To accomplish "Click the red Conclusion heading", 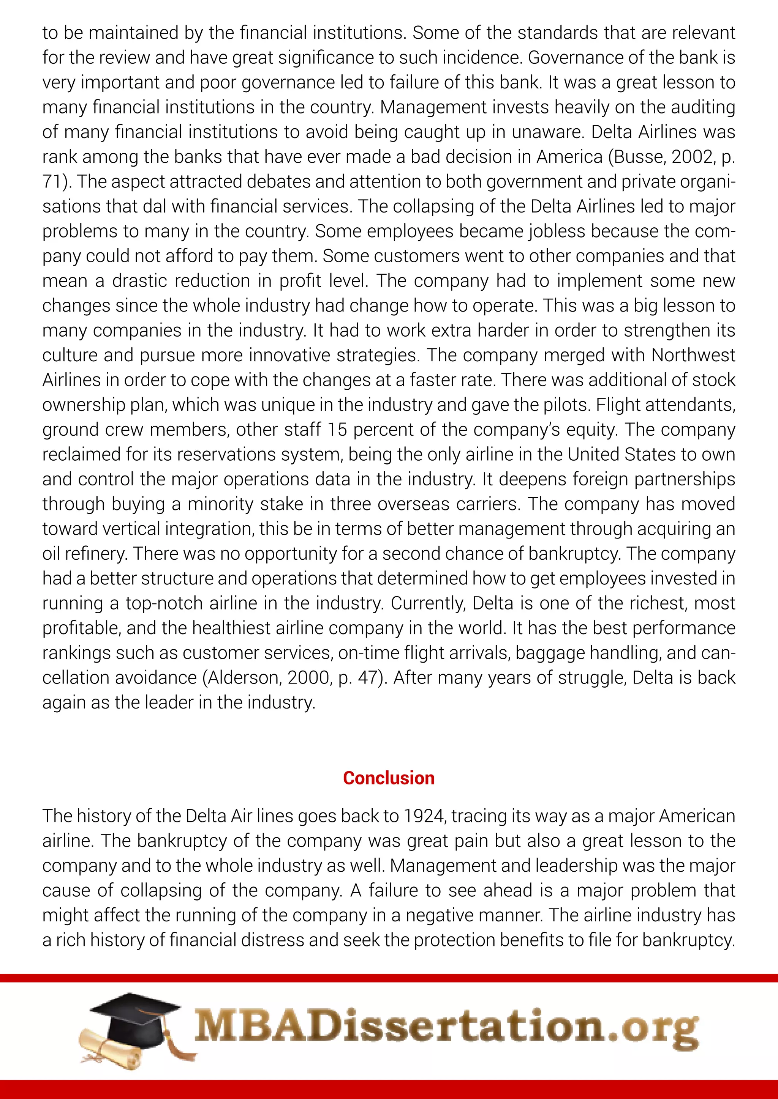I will point(389,778).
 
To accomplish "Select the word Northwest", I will point(693,355).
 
